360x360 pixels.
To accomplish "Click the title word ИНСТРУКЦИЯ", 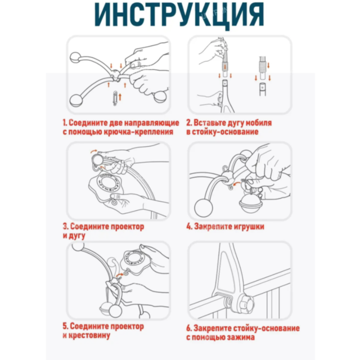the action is pos(179,15).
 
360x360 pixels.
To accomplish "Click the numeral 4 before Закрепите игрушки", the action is pos(189,227).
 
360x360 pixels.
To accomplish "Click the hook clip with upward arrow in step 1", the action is pos(115,98).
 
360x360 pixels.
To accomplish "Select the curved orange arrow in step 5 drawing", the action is pos(119,274).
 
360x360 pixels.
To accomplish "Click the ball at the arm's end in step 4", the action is pos(204,208).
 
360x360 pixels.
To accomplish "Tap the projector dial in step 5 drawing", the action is pos(134,258).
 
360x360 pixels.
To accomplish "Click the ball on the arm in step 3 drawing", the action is pos(97,159).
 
